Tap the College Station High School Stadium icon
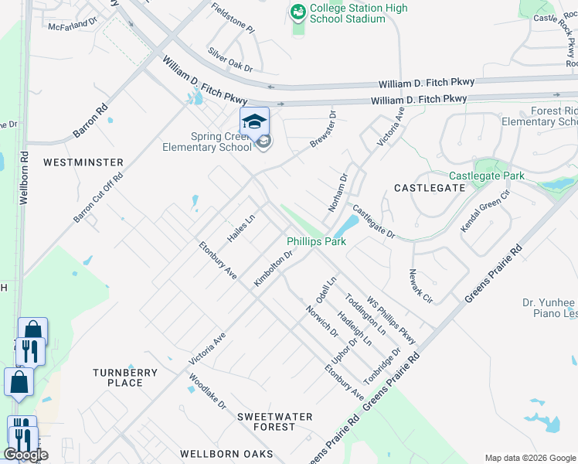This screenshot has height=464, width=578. click(x=297, y=12)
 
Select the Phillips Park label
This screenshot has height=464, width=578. click(x=316, y=242)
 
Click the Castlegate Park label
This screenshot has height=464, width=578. click(x=487, y=176)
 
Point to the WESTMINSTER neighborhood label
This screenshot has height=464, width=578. click(x=83, y=162)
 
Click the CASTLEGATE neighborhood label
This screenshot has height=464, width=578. click(x=430, y=188)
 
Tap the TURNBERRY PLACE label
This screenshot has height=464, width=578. click(x=125, y=377)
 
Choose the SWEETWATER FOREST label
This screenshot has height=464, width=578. click(x=275, y=421)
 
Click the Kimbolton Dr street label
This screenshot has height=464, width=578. click(x=274, y=268)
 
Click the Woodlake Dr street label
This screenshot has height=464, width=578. click(x=207, y=391)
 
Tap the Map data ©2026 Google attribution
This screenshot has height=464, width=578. click(x=529, y=458)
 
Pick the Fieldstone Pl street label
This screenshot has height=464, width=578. click(x=233, y=17)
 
